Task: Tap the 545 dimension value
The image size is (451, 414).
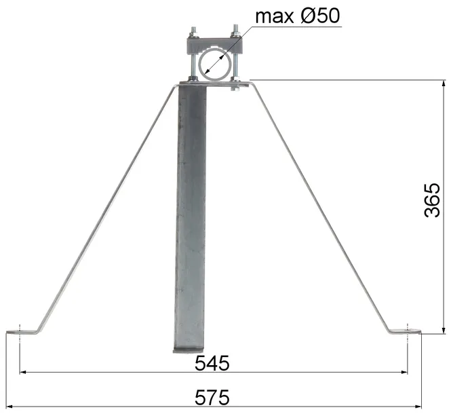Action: pyautogui.click(x=212, y=363)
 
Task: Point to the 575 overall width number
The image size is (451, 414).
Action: pyautogui.click(x=212, y=396)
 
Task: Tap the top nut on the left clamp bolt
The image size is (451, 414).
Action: pyautogui.click(x=193, y=30)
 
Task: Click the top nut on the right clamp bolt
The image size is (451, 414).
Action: pyautogui.click(x=235, y=30)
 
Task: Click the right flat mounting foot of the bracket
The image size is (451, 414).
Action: pyautogui.click(x=406, y=332)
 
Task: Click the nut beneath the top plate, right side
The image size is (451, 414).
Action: pyautogui.click(x=235, y=88)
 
